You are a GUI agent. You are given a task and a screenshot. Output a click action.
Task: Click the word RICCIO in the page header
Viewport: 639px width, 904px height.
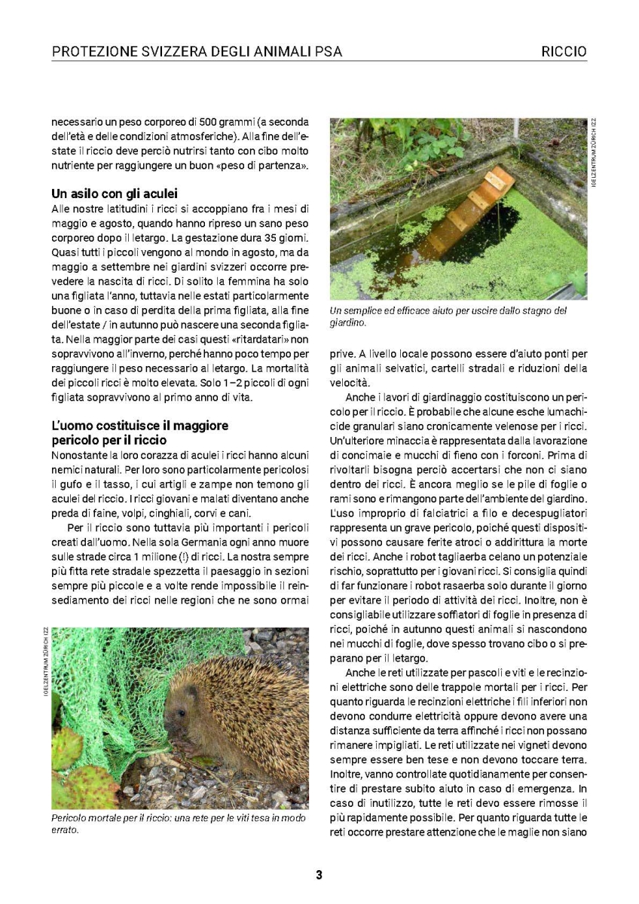(x=564, y=52)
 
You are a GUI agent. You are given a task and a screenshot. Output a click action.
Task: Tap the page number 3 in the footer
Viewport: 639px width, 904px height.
(x=319, y=875)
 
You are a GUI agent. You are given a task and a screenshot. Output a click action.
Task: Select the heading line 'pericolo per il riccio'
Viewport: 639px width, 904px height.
(x=109, y=440)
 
